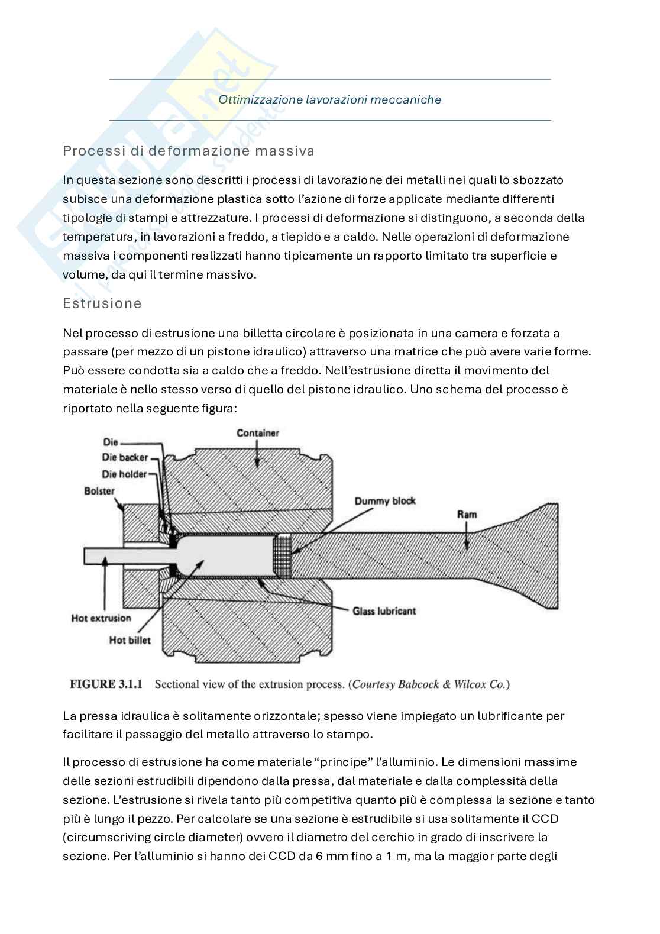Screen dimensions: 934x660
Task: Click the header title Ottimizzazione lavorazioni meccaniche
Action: pyautogui.click(x=329, y=99)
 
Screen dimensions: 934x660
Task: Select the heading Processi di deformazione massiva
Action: pyautogui.click(x=188, y=151)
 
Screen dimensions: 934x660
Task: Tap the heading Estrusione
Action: pyautogui.click(x=102, y=303)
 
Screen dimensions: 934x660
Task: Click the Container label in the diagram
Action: pyautogui.click(x=257, y=433)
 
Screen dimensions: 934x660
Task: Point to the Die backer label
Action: pyautogui.click(x=125, y=457)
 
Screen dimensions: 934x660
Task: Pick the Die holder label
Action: pyautogui.click(x=124, y=474)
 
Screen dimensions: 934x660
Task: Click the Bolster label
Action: pyautogui.click(x=99, y=490)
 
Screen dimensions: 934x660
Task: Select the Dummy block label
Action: pyautogui.click(x=384, y=501)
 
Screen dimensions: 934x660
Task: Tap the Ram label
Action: pyautogui.click(x=467, y=514)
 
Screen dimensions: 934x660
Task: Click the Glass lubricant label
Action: pyautogui.click(x=384, y=610)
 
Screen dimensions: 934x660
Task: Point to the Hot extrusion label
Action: pyautogui.click(x=101, y=618)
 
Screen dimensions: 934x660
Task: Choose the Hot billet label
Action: pyautogui.click(x=130, y=639)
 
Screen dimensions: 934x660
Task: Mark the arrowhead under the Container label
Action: pyautogui.click(x=257, y=463)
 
